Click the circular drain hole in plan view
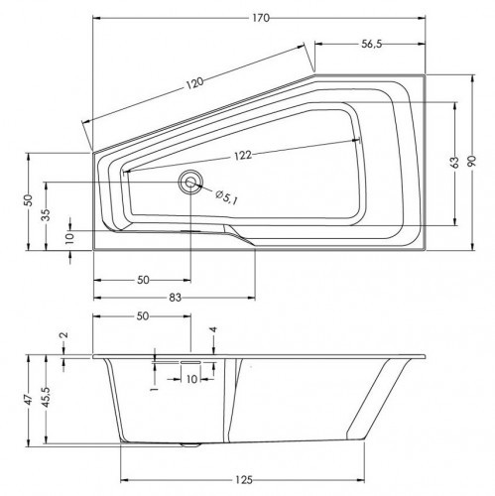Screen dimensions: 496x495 click(189, 181)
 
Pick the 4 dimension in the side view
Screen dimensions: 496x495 click(212, 329)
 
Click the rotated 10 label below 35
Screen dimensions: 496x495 click(69, 238)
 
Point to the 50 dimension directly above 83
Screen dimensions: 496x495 click(144, 280)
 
